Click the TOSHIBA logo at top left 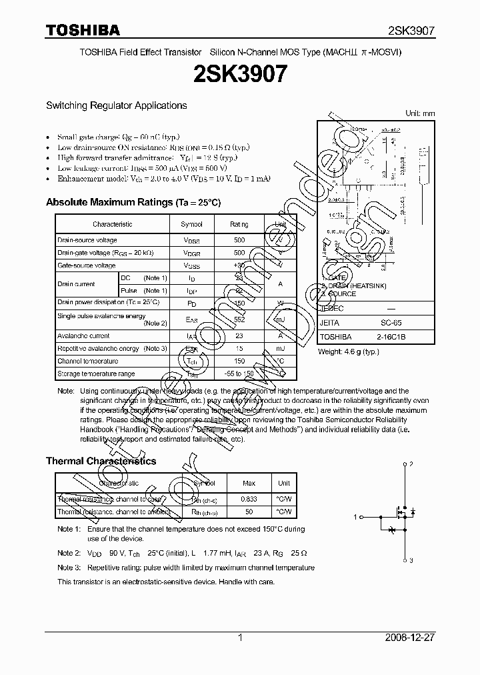(83, 30)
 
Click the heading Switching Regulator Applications (116, 105)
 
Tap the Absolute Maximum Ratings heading (133, 202)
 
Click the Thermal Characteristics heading (101, 461)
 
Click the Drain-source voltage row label (87, 240)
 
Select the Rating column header (239, 225)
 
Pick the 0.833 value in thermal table (249, 499)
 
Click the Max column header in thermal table (249, 483)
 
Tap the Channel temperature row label (88, 362)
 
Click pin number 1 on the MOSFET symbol (356, 516)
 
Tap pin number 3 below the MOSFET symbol (411, 560)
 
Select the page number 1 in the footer (240, 638)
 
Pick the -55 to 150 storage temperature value (239, 374)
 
